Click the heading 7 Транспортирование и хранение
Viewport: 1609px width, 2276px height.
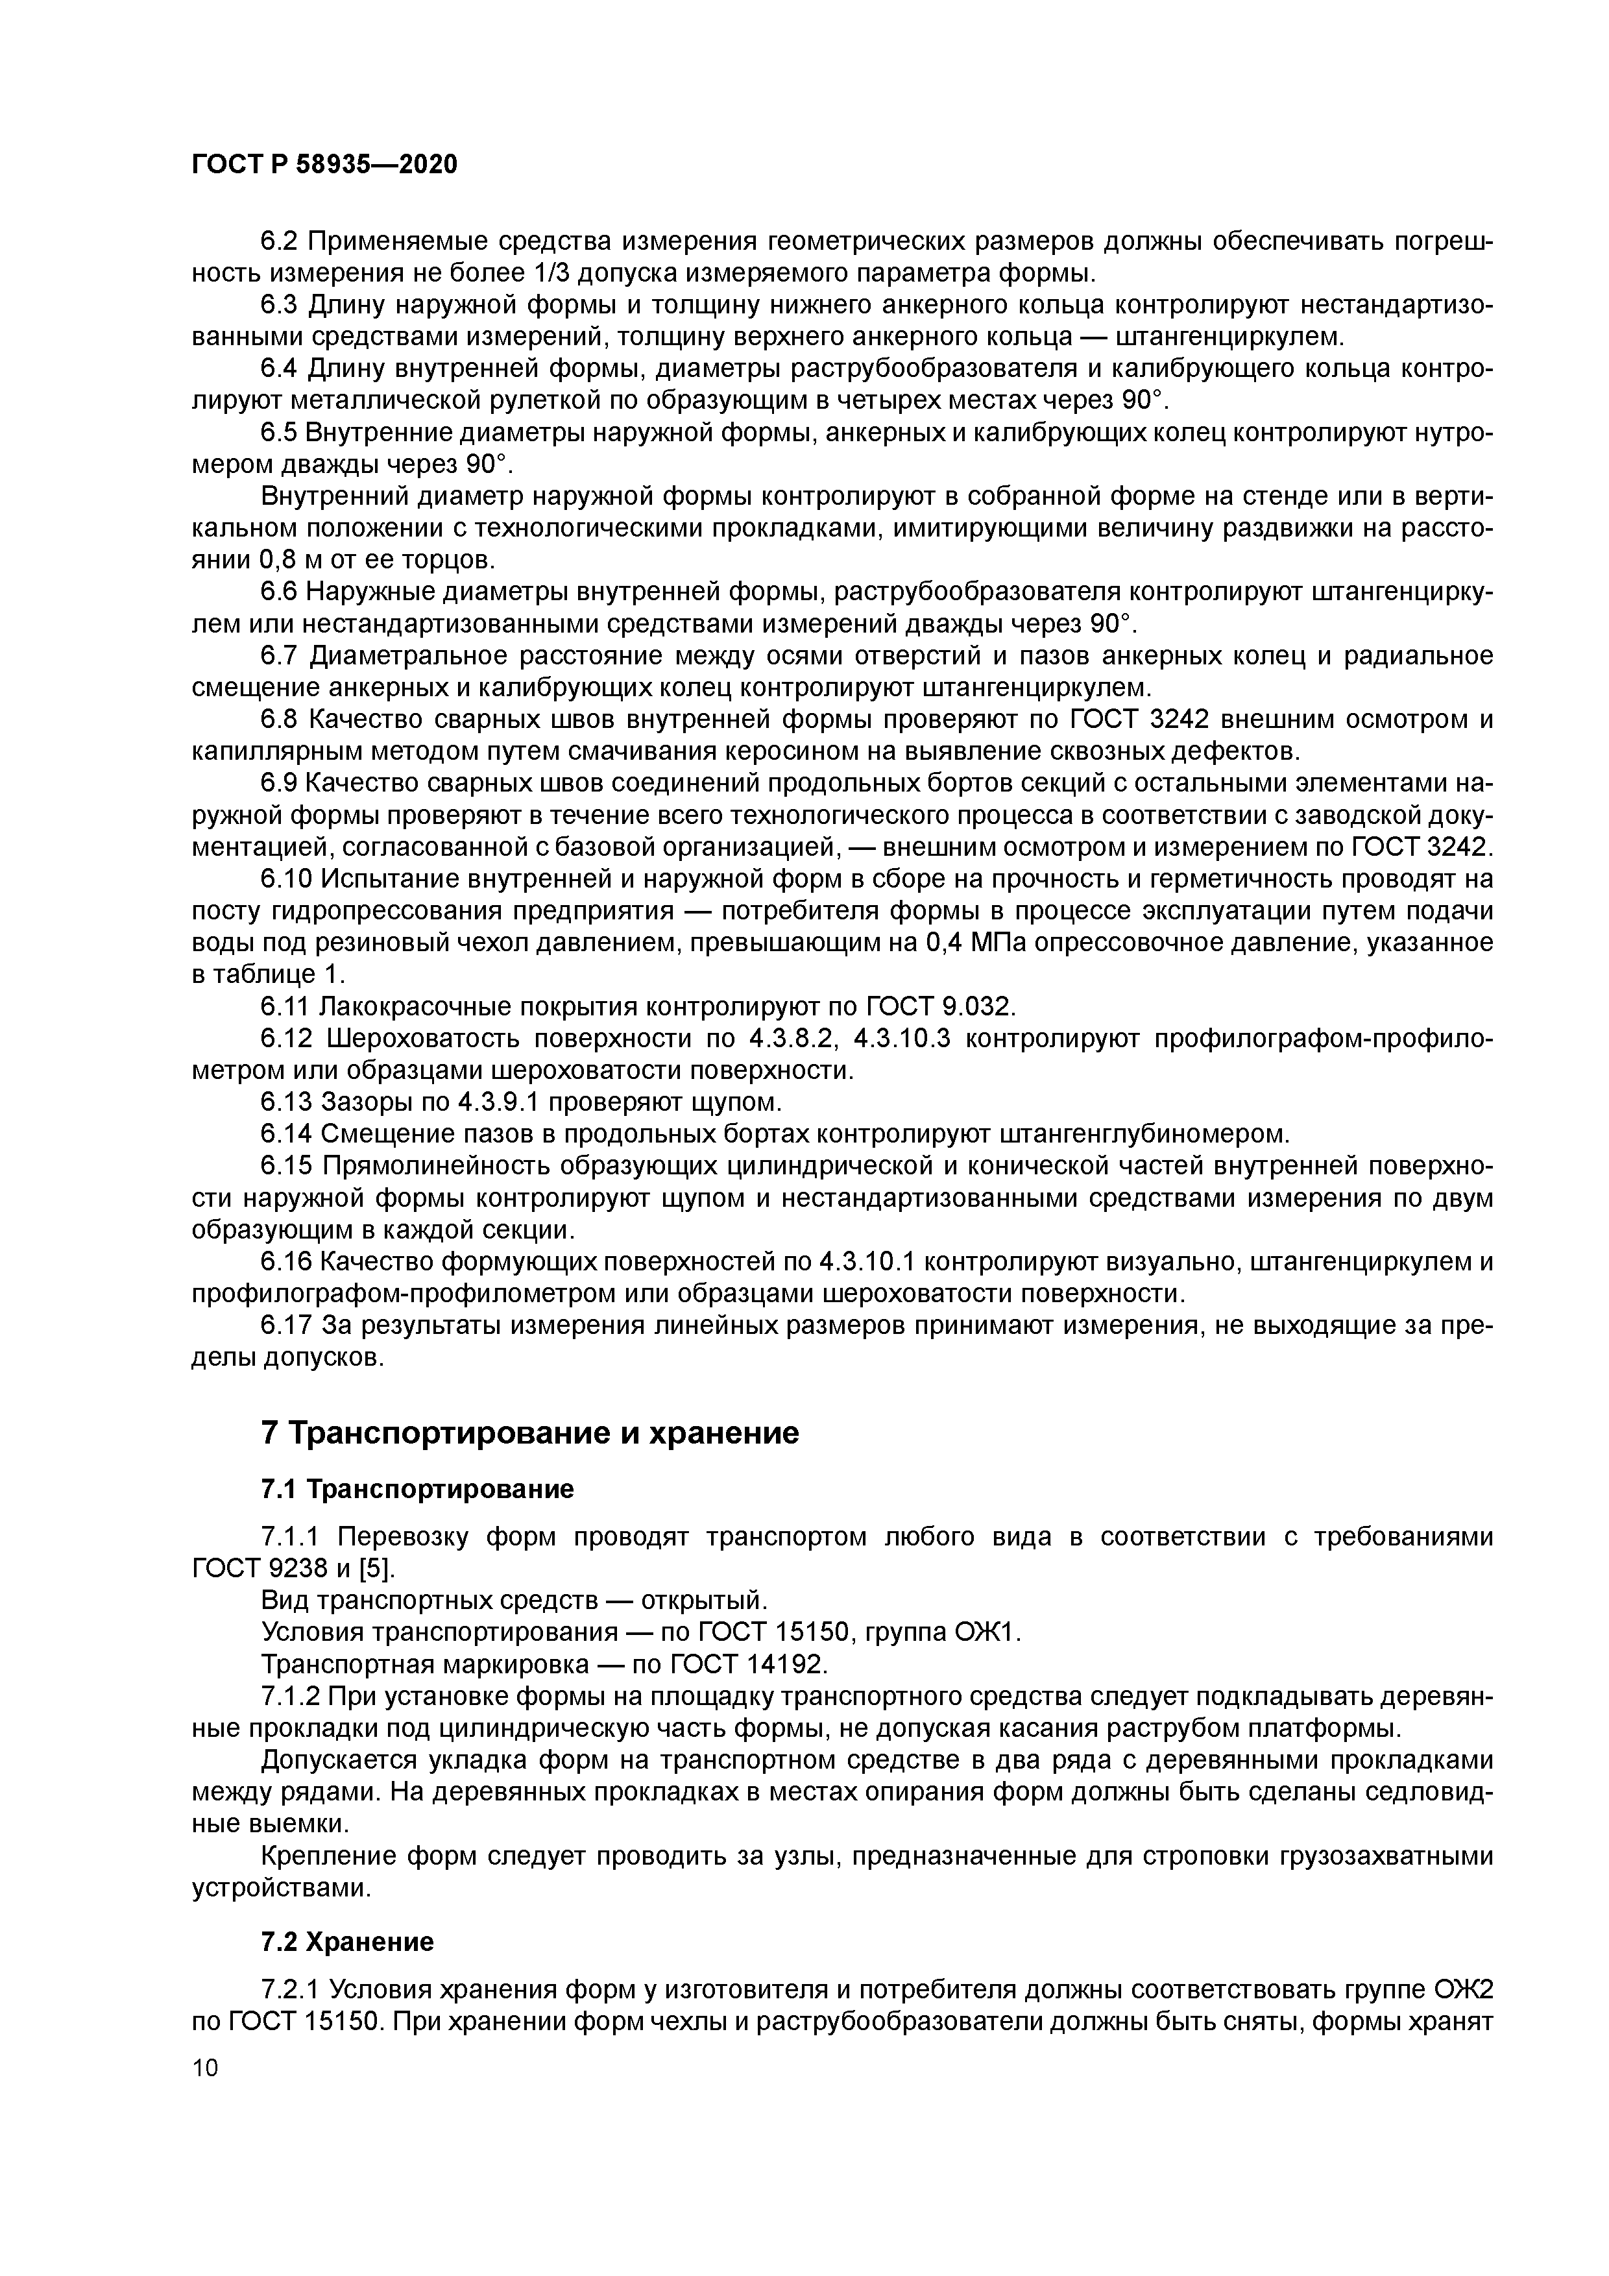pyautogui.click(x=529, y=1433)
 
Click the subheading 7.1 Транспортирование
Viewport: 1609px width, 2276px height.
pyautogui.click(x=417, y=1489)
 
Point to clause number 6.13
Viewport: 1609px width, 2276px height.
pyautogui.click(x=285, y=1101)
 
